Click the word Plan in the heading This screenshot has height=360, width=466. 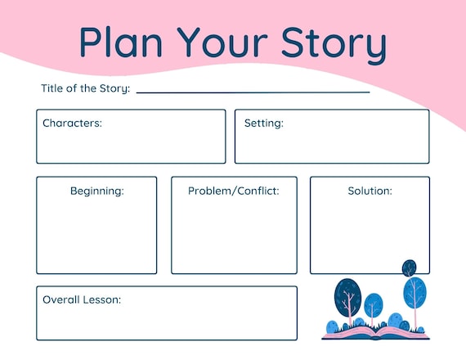pos(121,42)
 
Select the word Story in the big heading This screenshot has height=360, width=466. pos(334,45)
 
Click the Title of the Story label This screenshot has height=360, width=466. pos(86,88)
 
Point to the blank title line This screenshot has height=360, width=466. pos(253,92)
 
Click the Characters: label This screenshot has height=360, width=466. pos(72,124)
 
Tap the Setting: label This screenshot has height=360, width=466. pos(264,124)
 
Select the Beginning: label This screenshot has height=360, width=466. pos(97,191)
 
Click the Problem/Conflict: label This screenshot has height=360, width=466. pos(234,191)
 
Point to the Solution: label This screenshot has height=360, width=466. pos(370,191)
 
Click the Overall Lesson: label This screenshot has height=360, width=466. pos(82,299)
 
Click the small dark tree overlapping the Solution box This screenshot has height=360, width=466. pos(410,268)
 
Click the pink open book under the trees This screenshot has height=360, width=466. pos(375,334)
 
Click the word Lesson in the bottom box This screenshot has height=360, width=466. pos(102,299)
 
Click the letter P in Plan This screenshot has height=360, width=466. pos(89,42)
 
